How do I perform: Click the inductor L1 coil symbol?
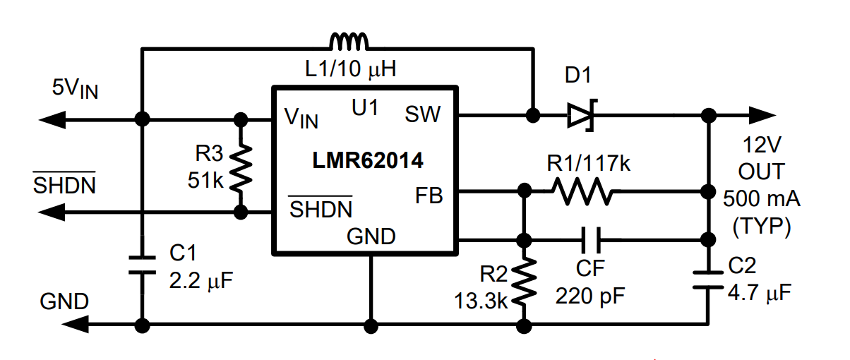(x=349, y=42)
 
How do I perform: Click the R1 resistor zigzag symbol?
(x=582, y=191)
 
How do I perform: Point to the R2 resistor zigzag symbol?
(x=524, y=282)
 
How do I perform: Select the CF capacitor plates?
(x=591, y=240)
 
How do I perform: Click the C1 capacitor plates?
(x=143, y=265)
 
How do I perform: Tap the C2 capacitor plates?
(x=708, y=280)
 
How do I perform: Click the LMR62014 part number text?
(x=367, y=160)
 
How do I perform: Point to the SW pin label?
(x=423, y=114)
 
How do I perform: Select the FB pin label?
(x=429, y=196)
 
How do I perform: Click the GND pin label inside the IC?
(x=371, y=236)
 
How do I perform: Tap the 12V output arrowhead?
(x=762, y=115)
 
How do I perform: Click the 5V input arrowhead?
(x=52, y=120)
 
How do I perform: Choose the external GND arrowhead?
(x=75, y=324)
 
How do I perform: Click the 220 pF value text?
(x=590, y=296)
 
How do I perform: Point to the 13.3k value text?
(x=481, y=301)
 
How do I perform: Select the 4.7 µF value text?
(x=760, y=292)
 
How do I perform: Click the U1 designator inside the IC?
(x=365, y=107)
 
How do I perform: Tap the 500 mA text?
(x=762, y=198)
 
